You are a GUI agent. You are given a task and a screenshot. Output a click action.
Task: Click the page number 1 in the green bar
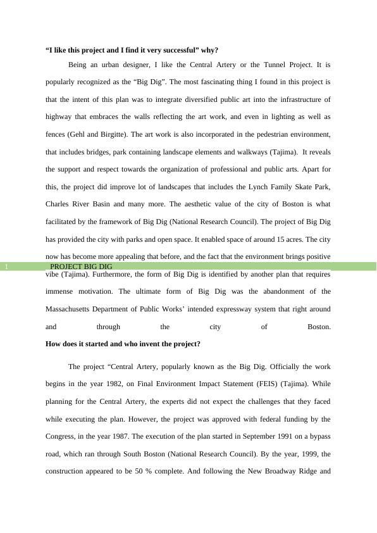pyautogui.click(x=6, y=267)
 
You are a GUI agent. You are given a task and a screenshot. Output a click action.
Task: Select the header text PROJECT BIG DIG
pyautogui.click(x=81, y=267)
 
